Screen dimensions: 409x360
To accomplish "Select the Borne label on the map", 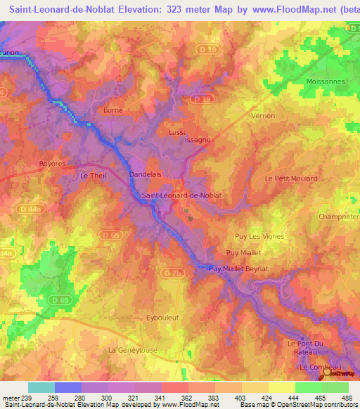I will pyautogui.click(x=112, y=110).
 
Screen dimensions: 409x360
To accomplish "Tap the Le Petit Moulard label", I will pyautogui.click(x=291, y=178).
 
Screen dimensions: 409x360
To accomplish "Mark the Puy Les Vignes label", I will pyautogui.click(x=259, y=237).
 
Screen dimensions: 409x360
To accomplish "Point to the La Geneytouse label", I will pyautogui.click(x=133, y=349).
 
